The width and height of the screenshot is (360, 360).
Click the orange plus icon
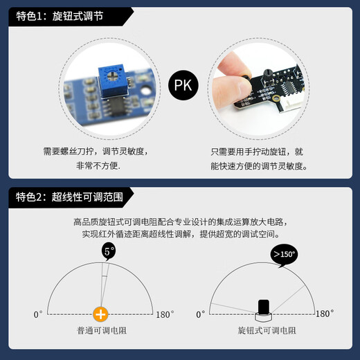pyautogui.click(x=101, y=314)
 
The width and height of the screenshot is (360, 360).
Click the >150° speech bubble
pyautogui.click(x=283, y=254)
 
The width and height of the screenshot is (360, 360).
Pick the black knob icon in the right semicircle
pyautogui.click(x=263, y=307)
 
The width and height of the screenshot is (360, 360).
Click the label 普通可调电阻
pyautogui.click(x=102, y=331)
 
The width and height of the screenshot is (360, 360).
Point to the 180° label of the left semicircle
pyautogui.click(x=165, y=314)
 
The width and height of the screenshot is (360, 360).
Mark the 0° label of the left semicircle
pyautogui.click(x=38, y=314)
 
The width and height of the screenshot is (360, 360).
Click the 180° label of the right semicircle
pyautogui.click(x=325, y=314)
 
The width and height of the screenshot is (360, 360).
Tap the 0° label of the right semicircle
pyautogui.click(x=201, y=314)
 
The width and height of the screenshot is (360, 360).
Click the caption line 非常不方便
pyautogui.click(x=98, y=165)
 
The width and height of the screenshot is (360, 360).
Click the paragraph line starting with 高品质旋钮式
pyautogui.click(x=179, y=222)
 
